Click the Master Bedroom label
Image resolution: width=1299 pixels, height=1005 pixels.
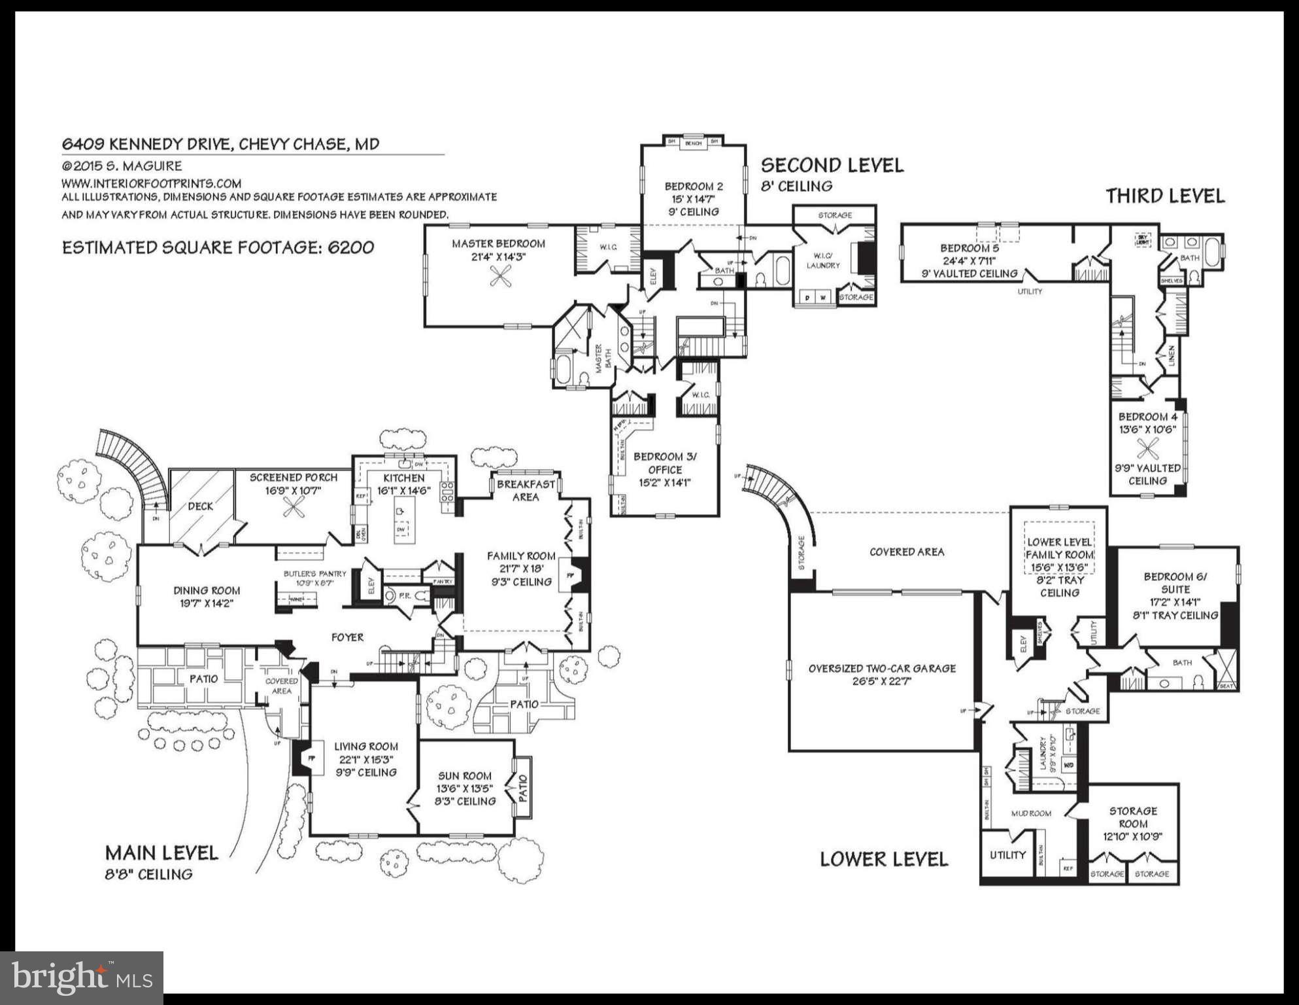click(498, 243)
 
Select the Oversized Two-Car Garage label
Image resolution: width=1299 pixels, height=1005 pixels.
click(882, 668)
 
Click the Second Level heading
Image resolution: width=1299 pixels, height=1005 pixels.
click(832, 165)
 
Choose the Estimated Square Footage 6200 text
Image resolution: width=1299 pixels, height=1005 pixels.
click(218, 247)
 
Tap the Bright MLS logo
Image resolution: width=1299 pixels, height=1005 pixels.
click(81, 977)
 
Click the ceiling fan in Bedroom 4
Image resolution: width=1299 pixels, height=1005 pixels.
click(1147, 448)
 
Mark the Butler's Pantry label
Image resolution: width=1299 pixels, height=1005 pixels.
click(315, 574)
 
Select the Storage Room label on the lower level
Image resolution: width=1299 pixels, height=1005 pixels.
click(1133, 817)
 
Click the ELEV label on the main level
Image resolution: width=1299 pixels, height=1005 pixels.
click(371, 586)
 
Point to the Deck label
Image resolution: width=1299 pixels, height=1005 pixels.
click(200, 506)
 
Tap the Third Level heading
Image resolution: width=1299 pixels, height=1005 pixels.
click(1165, 196)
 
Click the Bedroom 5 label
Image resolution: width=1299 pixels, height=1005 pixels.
click(970, 248)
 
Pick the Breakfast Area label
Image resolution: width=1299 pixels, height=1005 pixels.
click(526, 490)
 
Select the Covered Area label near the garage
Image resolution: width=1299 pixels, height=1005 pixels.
click(906, 552)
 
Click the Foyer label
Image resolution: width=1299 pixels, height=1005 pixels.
click(347, 637)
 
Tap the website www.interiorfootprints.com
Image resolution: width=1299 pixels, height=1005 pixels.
click(152, 183)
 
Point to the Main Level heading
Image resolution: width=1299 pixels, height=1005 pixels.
click(161, 853)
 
